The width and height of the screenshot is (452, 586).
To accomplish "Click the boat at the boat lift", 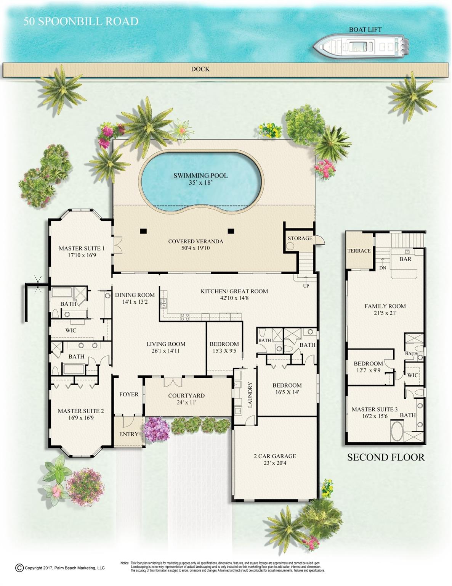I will (x=360, y=47).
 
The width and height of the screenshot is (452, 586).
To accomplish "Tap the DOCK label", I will (x=200, y=69).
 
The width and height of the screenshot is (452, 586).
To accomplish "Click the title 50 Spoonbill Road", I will (x=81, y=21).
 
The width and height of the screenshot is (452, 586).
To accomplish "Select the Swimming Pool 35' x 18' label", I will (x=200, y=179).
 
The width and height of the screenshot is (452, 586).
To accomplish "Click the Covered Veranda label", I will (x=196, y=245).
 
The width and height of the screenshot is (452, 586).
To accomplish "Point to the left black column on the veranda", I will (x=143, y=231).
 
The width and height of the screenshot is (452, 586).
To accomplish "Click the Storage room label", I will (x=300, y=238).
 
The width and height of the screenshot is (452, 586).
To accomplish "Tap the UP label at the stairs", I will (x=306, y=286).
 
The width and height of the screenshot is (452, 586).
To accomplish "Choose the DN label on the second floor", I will (x=383, y=268).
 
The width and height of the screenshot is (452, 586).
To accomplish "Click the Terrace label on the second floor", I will (x=359, y=251).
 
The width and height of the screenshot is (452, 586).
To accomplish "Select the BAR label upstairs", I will (x=405, y=259).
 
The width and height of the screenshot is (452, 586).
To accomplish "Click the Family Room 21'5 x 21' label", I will (x=385, y=309).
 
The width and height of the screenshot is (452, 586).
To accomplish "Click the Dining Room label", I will (x=135, y=298).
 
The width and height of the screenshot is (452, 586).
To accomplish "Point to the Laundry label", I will (x=250, y=395).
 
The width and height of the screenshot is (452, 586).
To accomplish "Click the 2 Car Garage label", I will (x=275, y=459).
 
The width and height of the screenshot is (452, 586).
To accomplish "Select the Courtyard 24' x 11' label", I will (x=186, y=399).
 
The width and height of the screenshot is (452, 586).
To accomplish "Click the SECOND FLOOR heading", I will (x=386, y=457).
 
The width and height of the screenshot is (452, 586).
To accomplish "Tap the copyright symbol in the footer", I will (x=19, y=568).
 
